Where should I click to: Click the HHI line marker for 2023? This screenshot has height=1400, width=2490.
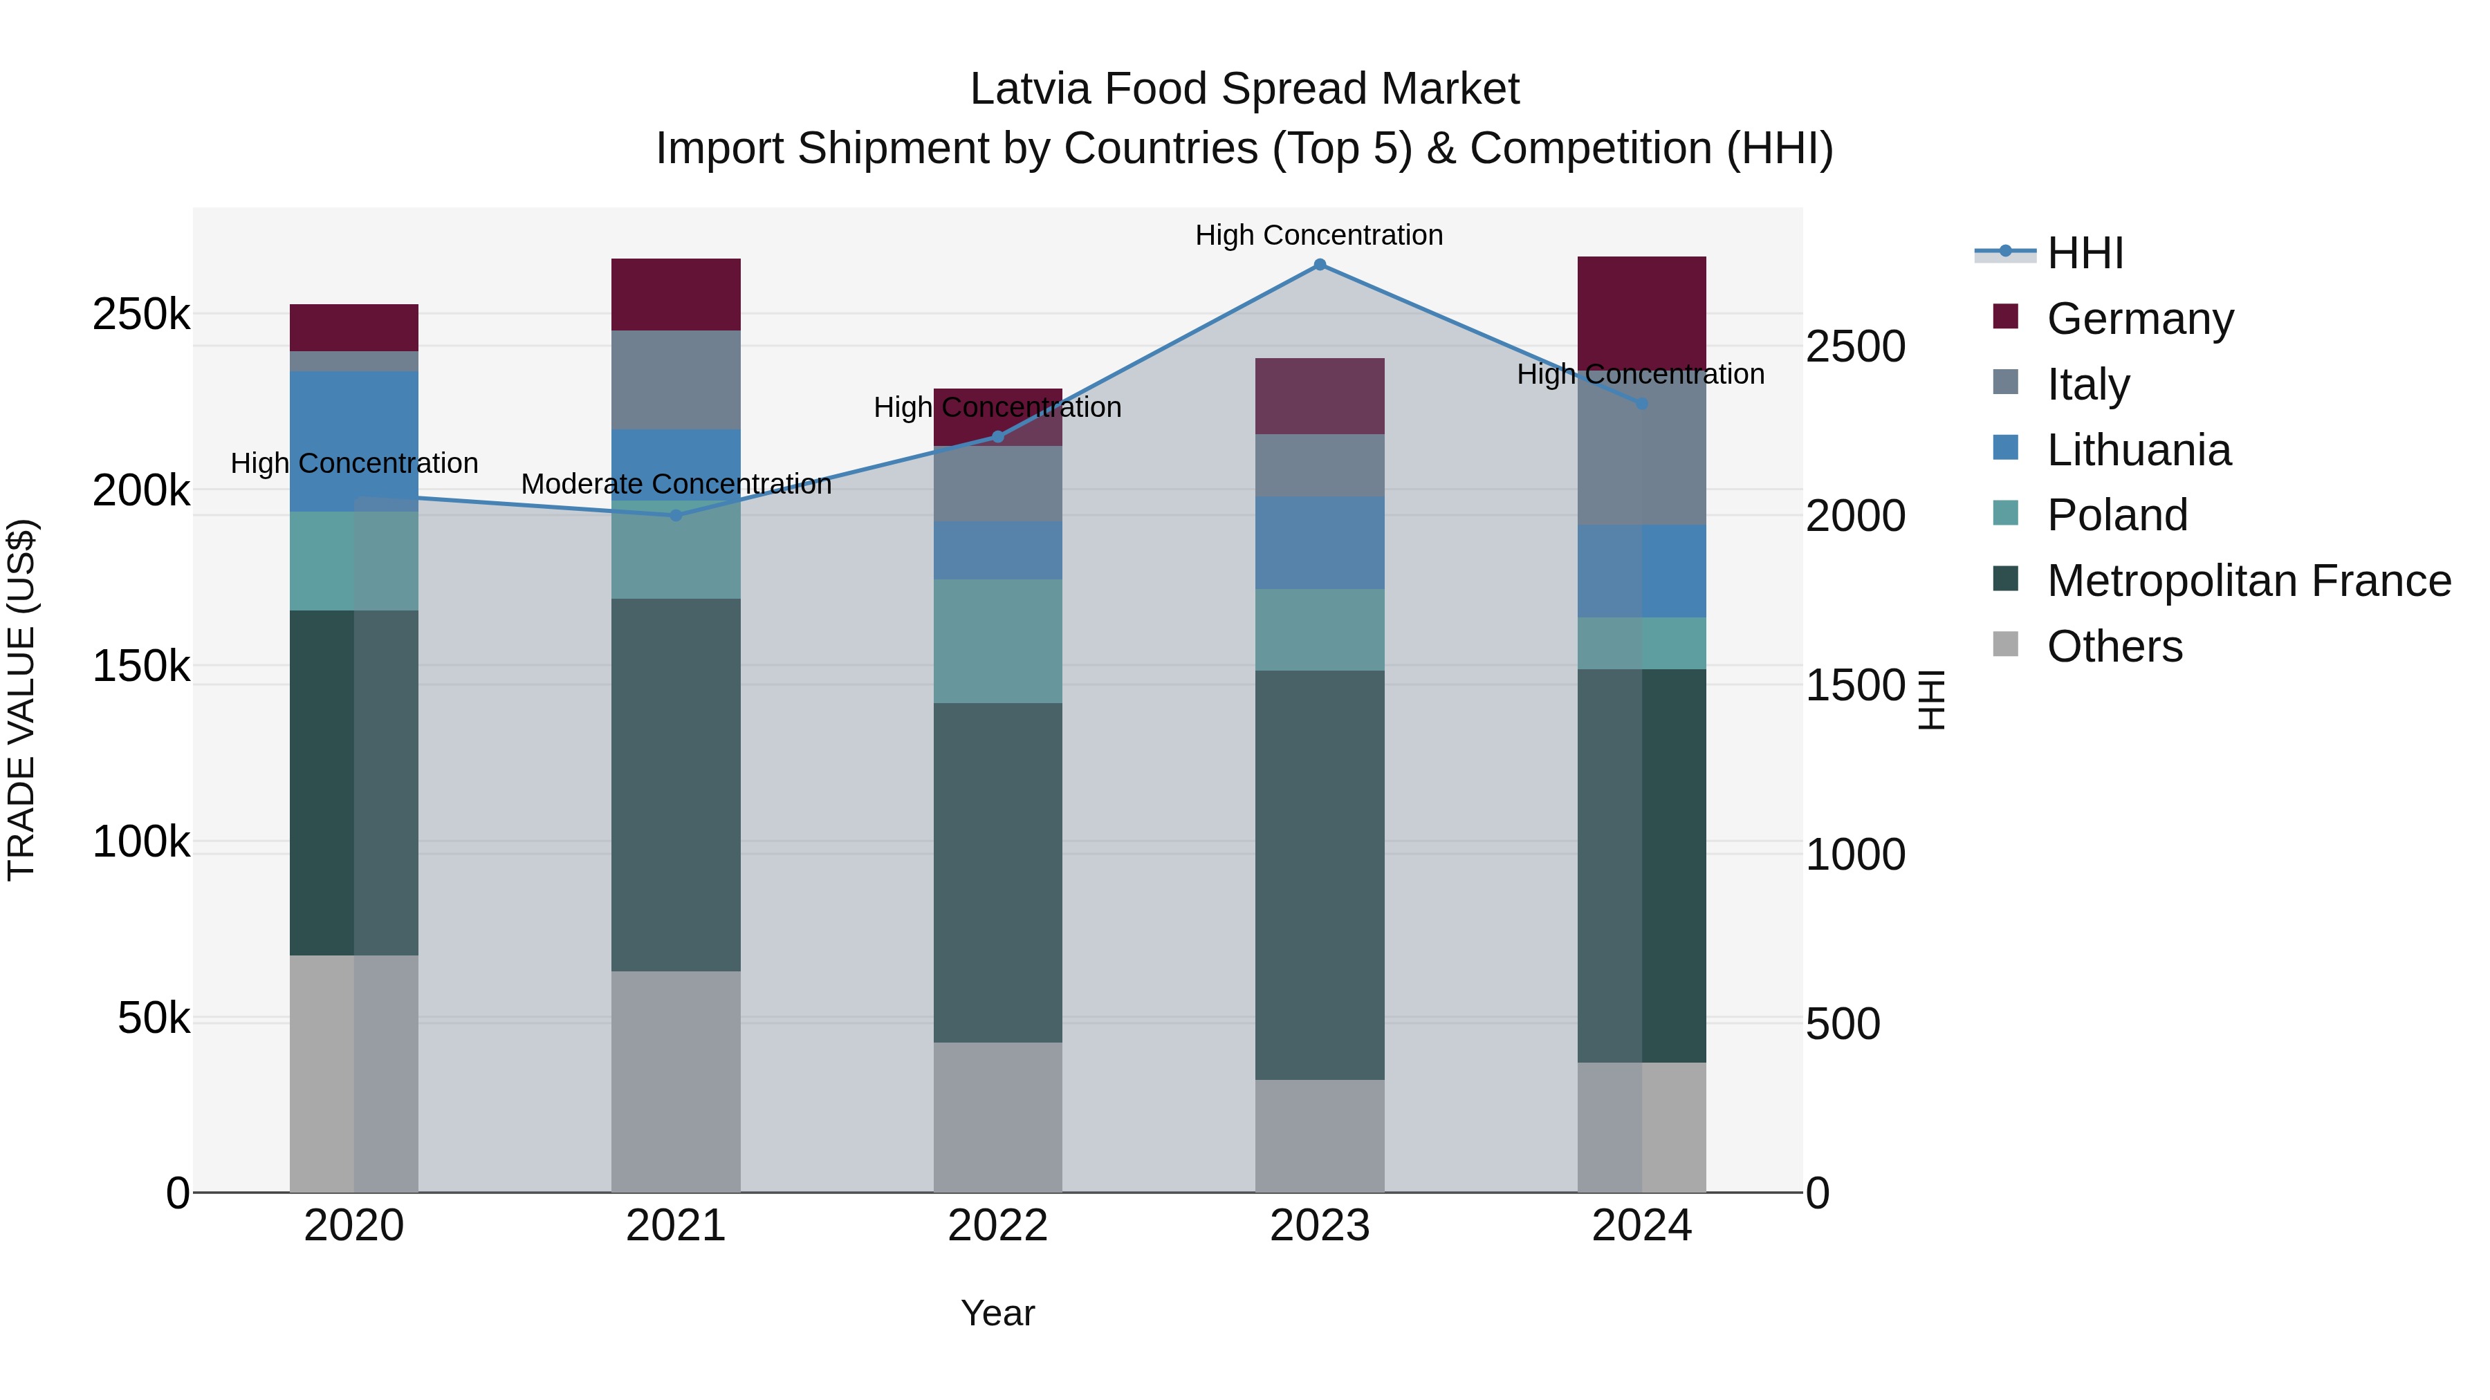(x=1320, y=265)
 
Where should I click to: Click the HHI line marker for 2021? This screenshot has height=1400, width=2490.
(x=676, y=515)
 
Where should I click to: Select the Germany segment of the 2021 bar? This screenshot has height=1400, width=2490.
(x=676, y=295)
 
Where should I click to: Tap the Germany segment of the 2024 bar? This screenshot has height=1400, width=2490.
(x=1641, y=312)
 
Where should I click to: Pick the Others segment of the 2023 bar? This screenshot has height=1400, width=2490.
(x=1320, y=1135)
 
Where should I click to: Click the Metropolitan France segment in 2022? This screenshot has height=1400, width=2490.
(x=997, y=872)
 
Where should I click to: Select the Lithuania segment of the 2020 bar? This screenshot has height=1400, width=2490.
(x=353, y=440)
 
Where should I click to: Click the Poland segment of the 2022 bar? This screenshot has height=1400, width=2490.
(x=997, y=641)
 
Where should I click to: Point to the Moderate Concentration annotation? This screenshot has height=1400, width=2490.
(x=676, y=484)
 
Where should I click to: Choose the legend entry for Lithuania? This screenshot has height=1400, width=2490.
(x=2138, y=450)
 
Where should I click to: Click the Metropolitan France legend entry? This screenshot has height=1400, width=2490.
(x=2249, y=581)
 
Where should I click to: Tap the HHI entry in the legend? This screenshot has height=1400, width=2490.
(x=2085, y=253)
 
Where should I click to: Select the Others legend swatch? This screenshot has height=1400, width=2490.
(x=2006, y=644)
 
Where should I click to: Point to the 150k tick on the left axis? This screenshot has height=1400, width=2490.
(x=141, y=666)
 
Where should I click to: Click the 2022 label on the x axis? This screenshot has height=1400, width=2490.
(x=997, y=1226)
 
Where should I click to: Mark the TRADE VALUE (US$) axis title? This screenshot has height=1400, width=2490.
(x=21, y=700)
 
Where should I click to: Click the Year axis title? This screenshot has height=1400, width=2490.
(x=997, y=1313)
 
